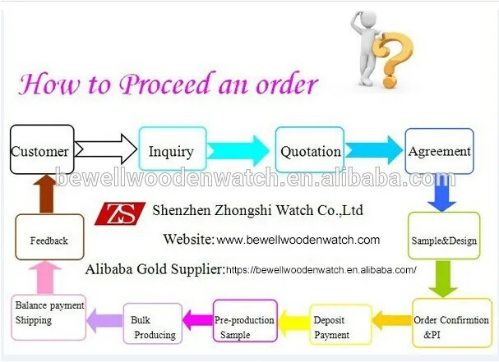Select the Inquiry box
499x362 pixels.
(171, 150)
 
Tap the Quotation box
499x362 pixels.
(310, 150)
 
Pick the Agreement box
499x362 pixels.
(440, 150)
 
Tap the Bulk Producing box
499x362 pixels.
(152, 327)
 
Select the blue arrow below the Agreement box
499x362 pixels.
(441, 194)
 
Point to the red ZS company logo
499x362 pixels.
(120, 212)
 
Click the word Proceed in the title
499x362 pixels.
(169, 85)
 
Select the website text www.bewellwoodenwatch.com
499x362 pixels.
(298, 241)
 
